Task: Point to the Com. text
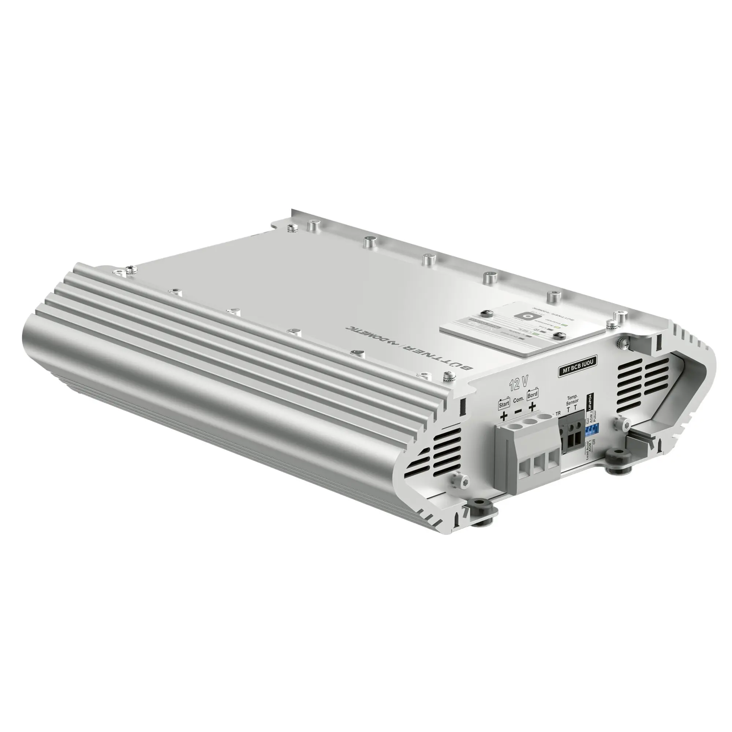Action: [518, 399]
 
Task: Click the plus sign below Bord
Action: [532, 407]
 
